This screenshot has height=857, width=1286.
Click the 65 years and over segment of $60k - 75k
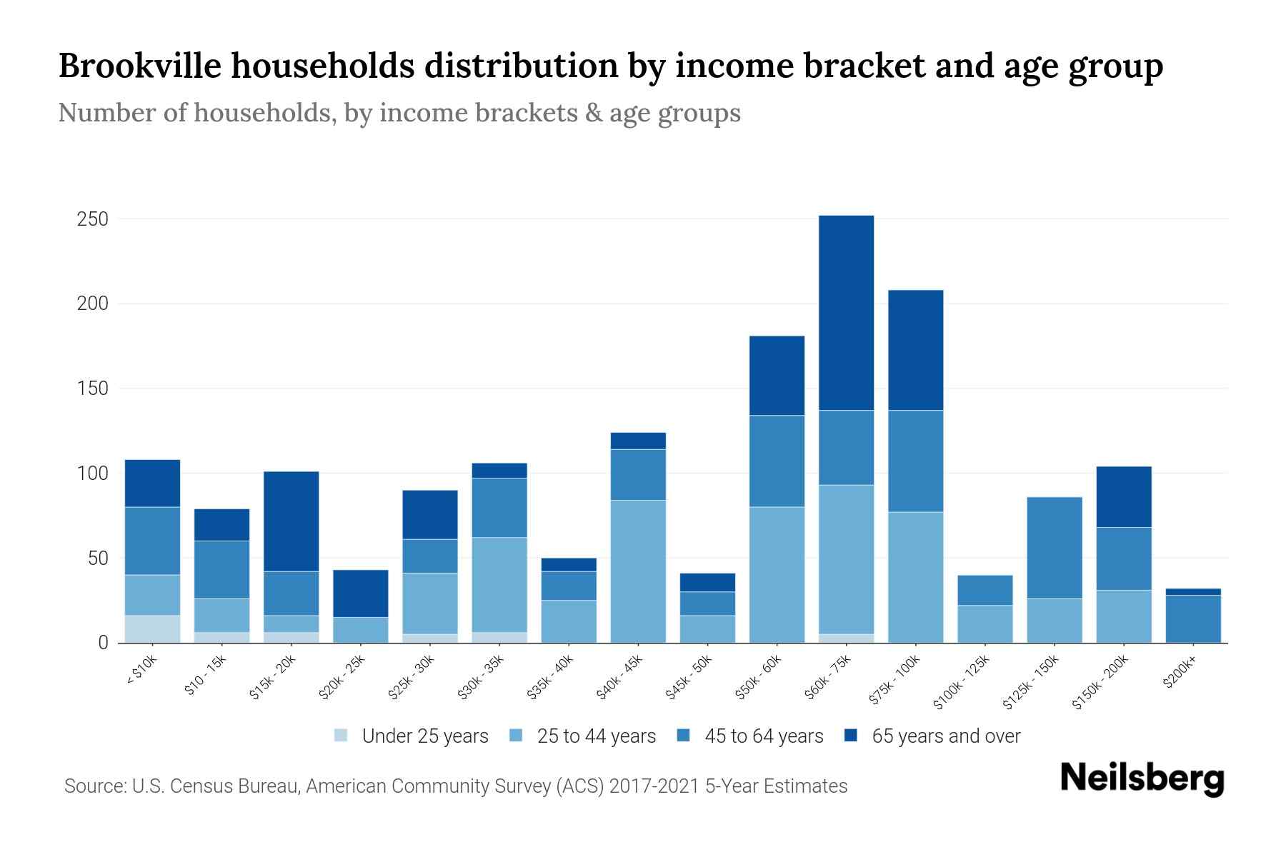(x=846, y=313)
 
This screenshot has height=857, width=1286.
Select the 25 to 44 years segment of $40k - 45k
(x=638, y=571)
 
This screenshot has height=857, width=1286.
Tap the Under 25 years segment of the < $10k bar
(x=152, y=628)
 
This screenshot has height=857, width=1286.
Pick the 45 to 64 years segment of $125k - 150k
(x=1054, y=547)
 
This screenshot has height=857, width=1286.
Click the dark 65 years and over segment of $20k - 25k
(x=361, y=593)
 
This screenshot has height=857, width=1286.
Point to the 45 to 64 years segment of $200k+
(x=1192, y=618)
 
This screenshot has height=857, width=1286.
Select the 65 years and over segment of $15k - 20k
(x=291, y=521)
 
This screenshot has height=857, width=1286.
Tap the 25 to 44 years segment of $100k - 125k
(x=985, y=623)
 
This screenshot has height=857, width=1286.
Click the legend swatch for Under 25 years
(x=342, y=735)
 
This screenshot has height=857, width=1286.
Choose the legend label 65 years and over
(x=945, y=736)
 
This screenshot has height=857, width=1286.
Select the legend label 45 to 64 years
(x=763, y=736)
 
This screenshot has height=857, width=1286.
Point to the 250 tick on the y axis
(x=93, y=219)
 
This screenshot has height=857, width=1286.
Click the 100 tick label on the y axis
(x=93, y=473)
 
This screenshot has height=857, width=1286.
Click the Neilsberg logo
(x=1142, y=778)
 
